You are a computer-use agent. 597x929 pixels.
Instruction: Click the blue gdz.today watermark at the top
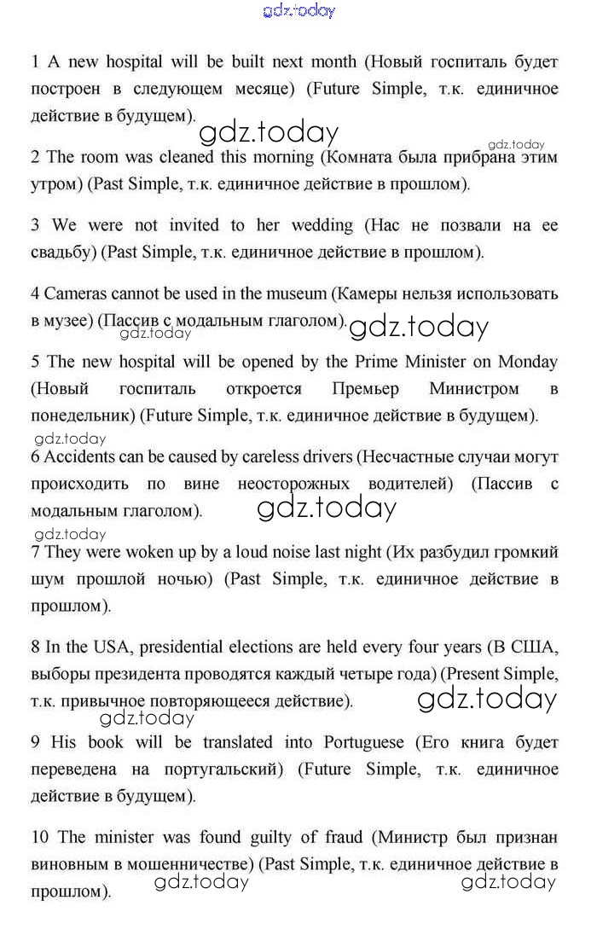(x=298, y=10)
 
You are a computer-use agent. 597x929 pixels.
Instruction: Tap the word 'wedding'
(x=322, y=225)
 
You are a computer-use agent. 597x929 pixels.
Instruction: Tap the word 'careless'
(x=286, y=456)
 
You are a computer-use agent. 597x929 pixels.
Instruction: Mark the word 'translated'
(x=237, y=742)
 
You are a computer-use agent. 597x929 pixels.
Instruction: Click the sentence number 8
(x=35, y=647)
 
